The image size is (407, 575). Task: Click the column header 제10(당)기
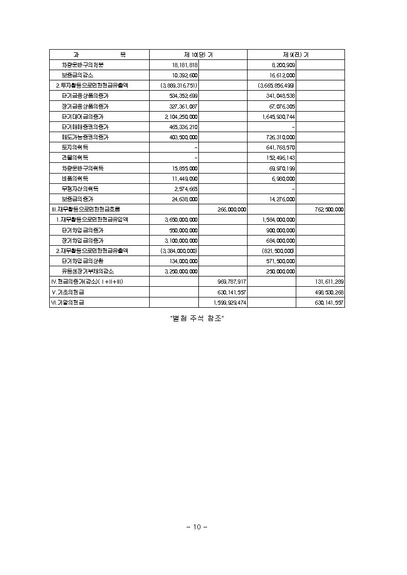(198, 55)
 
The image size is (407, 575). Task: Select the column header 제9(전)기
(296, 55)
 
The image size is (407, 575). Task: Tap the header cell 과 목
(99, 55)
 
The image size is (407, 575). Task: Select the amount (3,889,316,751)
(178, 86)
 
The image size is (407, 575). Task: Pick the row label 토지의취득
(75, 147)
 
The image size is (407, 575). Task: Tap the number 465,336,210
(182, 127)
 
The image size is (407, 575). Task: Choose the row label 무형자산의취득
(80, 189)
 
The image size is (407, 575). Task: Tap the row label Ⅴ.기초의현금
(68, 292)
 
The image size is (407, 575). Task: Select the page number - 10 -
(197, 527)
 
